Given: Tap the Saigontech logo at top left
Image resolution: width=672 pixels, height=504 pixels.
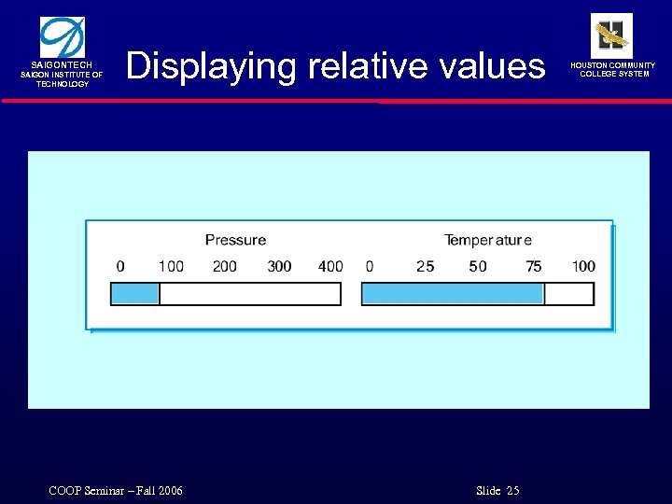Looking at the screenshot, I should coord(62,37).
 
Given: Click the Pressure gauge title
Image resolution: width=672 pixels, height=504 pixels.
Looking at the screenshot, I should coord(235,241).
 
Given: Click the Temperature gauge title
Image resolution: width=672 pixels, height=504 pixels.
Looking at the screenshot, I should coord(488,241).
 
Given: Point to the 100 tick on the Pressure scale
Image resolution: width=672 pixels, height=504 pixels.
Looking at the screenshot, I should coord(171,267).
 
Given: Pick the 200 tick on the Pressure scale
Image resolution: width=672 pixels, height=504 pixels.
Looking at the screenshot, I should coord(225,267).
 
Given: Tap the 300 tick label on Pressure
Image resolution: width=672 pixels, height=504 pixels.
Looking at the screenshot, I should coord(279,267).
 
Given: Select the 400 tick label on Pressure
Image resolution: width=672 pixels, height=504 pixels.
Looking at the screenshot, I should coord(330,267).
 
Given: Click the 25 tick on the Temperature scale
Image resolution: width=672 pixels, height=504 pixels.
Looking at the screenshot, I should coord(425,267).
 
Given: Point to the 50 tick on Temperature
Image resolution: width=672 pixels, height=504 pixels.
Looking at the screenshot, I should coord(478,267).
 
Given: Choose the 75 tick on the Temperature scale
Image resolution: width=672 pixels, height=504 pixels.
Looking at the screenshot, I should coord(533,267).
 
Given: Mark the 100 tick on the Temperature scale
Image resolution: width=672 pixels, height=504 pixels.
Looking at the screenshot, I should coord(583,267).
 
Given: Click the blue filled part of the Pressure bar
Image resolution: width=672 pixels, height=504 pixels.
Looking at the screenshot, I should coord(135,294).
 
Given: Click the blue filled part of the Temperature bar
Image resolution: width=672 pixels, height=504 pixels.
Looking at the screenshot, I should coord(452,294).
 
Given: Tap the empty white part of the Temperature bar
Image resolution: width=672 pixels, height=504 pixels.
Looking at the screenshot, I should coord(568,294).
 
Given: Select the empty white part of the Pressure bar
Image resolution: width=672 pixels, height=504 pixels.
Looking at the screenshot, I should coord(249,294).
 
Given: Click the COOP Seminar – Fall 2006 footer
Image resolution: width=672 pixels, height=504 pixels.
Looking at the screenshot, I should coord(116,491).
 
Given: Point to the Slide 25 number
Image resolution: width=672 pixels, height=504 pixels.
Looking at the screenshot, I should coord(497,491).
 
